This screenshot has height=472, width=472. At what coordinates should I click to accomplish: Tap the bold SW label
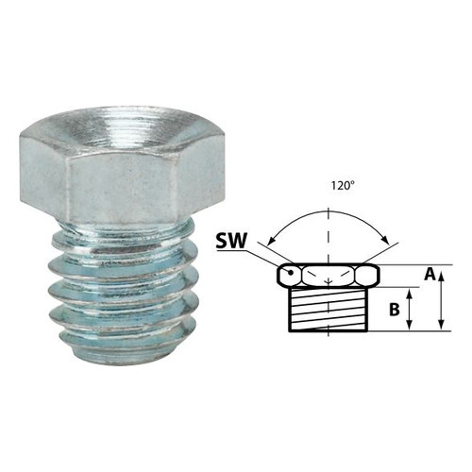click(x=231, y=242)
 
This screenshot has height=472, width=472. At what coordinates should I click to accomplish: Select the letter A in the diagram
click(x=430, y=275)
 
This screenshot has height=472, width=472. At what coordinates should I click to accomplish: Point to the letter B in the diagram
click(x=395, y=310)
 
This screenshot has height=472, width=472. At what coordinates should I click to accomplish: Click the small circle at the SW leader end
click(x=291, y=273)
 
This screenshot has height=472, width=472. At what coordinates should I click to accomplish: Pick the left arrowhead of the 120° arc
click(x=270, y=242)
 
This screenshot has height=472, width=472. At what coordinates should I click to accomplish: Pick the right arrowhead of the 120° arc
click(x=386, y=240)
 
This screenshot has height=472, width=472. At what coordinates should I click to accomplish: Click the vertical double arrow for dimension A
click(x=441, y=301)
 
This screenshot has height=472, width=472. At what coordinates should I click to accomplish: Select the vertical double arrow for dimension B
click(x=409, y=310)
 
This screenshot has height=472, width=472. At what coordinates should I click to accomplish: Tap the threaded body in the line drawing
click(x=328, y=310)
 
